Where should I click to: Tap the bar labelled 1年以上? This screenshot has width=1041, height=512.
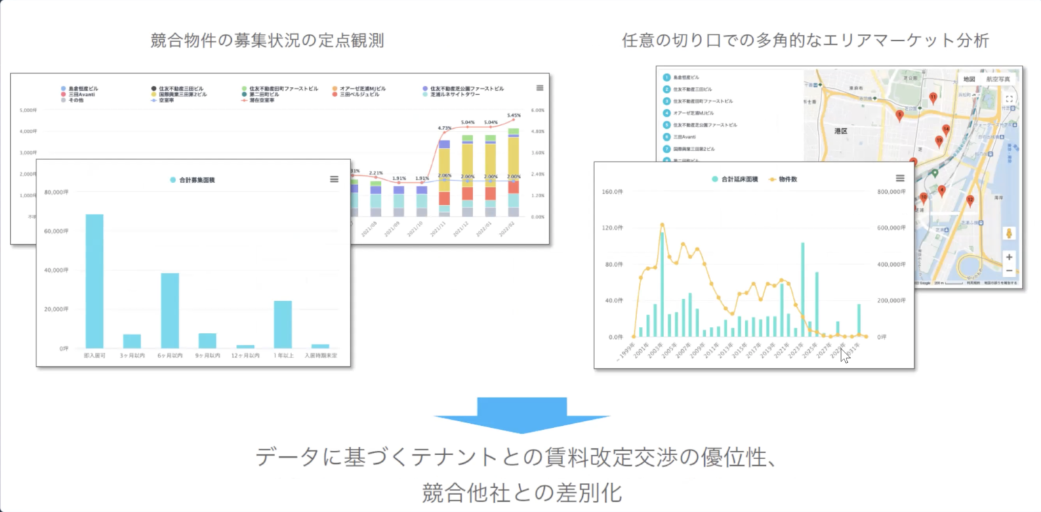click(283, 324)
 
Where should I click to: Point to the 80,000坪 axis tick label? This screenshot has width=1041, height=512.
click(56, 192)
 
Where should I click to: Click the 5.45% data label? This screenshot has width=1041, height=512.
click(514, 115)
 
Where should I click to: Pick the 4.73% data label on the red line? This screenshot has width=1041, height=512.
click(445, 127)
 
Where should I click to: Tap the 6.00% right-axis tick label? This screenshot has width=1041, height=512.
click(537, 110)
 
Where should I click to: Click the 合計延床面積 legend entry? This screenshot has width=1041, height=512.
click(737, 178)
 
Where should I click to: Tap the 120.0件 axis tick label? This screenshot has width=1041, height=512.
click(612, 228)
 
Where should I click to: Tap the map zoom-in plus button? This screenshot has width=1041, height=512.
click(1009, 257)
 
